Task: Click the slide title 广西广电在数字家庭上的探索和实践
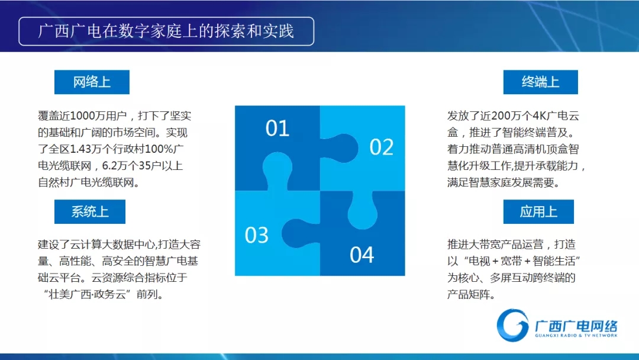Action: (x=166, y=31)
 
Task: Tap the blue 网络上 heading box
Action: (x=92, y=82)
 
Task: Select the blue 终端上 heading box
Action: (x=540, y=82)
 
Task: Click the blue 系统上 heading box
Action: (x=90, y=211)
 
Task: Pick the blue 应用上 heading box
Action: (x=538, y=211)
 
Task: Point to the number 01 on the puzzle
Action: (x=277, y=128)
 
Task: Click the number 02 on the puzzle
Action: (x=382, y=147)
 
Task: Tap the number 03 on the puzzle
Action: (x=256, y=235)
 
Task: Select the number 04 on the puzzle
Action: (x=362, y=255)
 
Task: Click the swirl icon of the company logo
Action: (x=512, y=325)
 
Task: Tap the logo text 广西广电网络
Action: (x=576, y=326)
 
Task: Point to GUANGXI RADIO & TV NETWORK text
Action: (x=576, y=336)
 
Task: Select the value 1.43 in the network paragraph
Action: (x=80, y=149)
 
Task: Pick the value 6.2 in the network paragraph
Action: (x=110, y=166)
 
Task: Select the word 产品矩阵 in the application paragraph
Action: (x=469, y=294)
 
